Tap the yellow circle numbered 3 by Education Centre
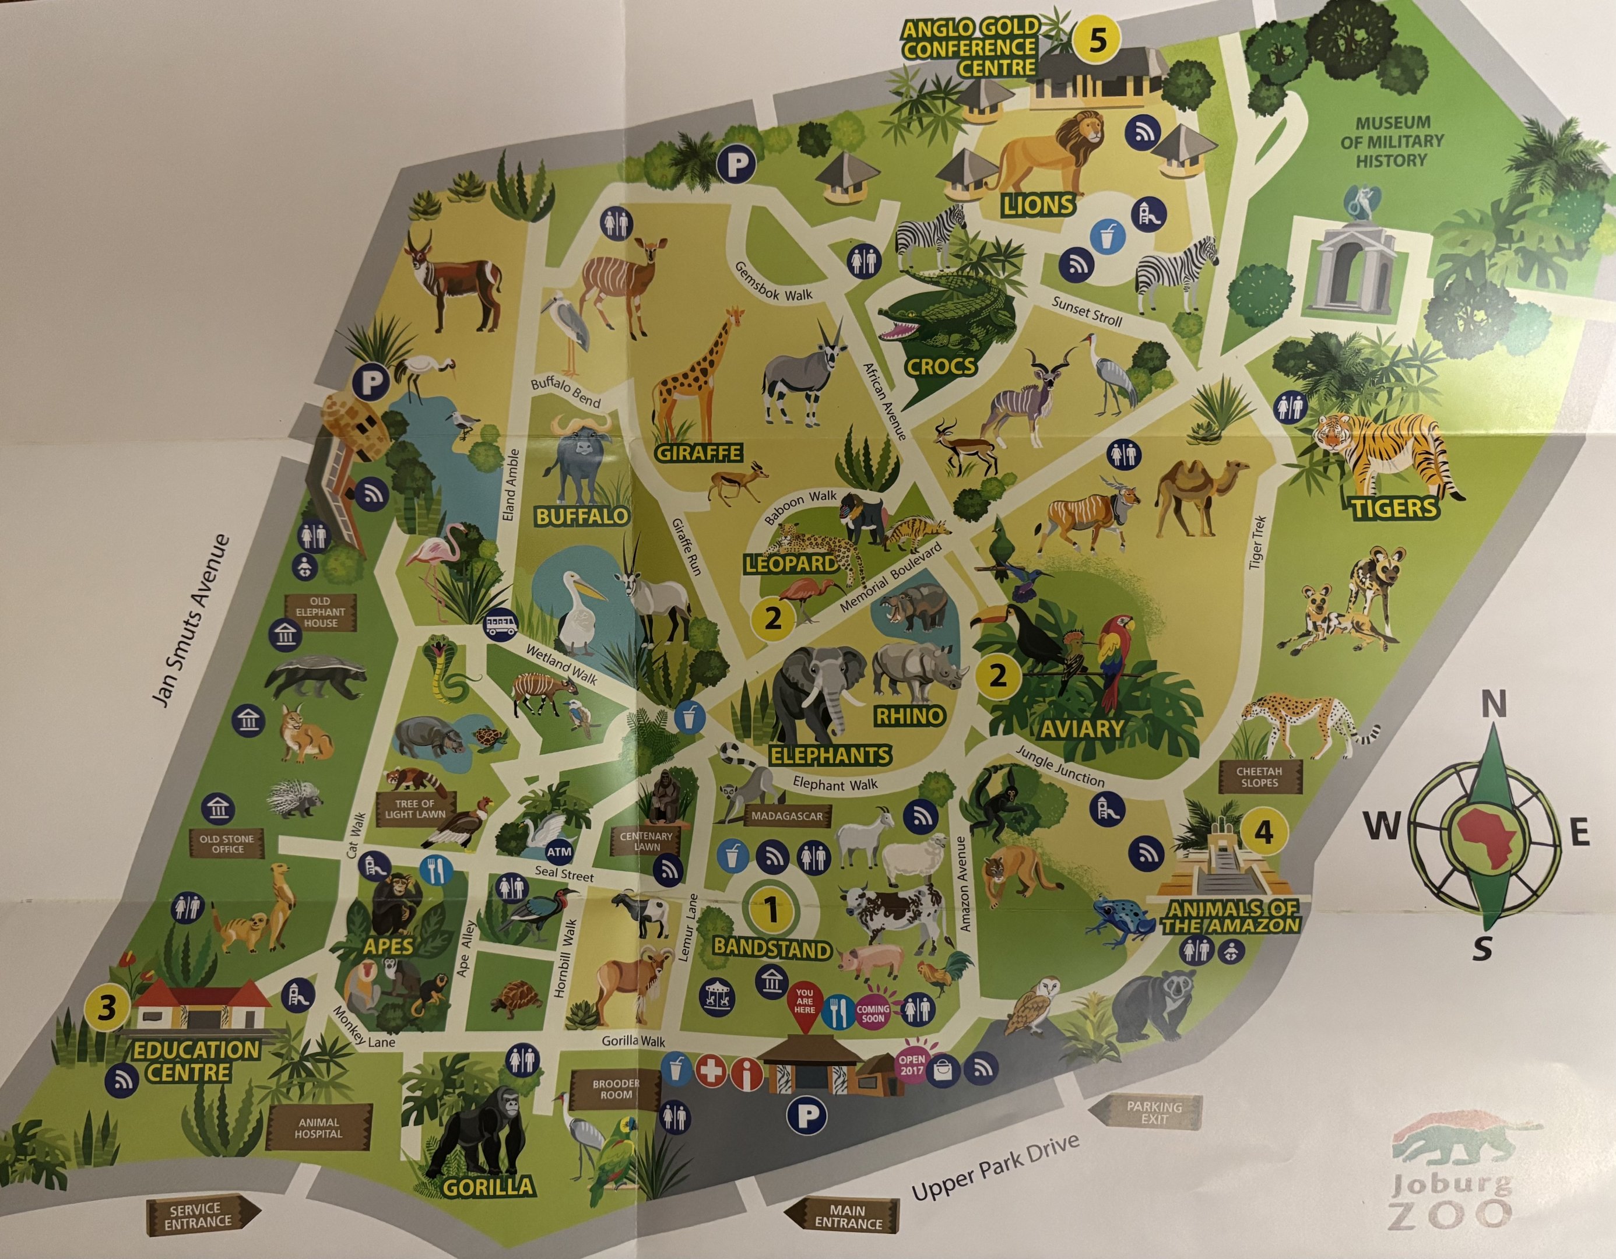pyautogui.click(x=107, y=1009)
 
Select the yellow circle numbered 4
pyautogui.click(x=1264, y=833)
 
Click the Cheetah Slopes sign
pyautogui.click(x=1259, y=776)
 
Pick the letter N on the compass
pyautogui.click(x=1492, y=706)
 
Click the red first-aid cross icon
pyautogui.click(x=712, y=1071)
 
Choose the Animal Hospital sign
pyautogui.click(x=318, y=1127)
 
